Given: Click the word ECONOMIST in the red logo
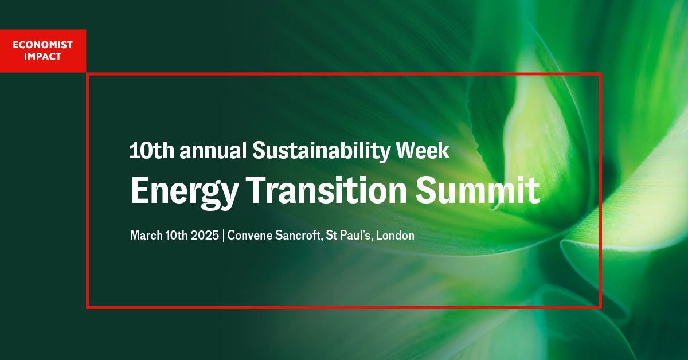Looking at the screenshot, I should click(43, 45).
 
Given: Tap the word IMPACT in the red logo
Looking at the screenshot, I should click(43, 56).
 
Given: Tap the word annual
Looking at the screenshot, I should click(214, 151).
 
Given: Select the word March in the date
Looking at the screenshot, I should click(145, 235).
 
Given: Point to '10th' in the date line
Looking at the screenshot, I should click(174, 235).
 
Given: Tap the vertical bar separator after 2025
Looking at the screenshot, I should click(223, 236).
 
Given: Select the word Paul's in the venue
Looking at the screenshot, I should click(358, 235).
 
